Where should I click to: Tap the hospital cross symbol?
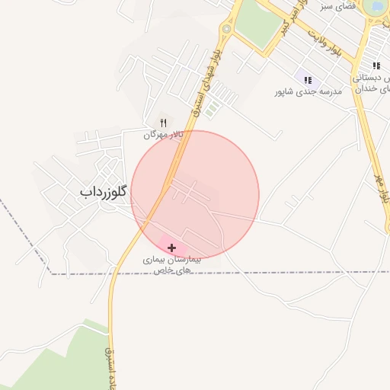[172, 248]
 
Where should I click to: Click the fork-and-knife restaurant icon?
[163, 123]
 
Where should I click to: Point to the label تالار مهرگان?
[164, 135]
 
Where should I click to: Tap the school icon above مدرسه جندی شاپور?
[308, 79]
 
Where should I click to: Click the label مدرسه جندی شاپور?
[309, 91]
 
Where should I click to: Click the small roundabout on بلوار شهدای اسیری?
[225, 30]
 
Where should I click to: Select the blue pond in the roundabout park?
[375, 7]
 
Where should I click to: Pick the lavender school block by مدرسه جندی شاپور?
[305, 79]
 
